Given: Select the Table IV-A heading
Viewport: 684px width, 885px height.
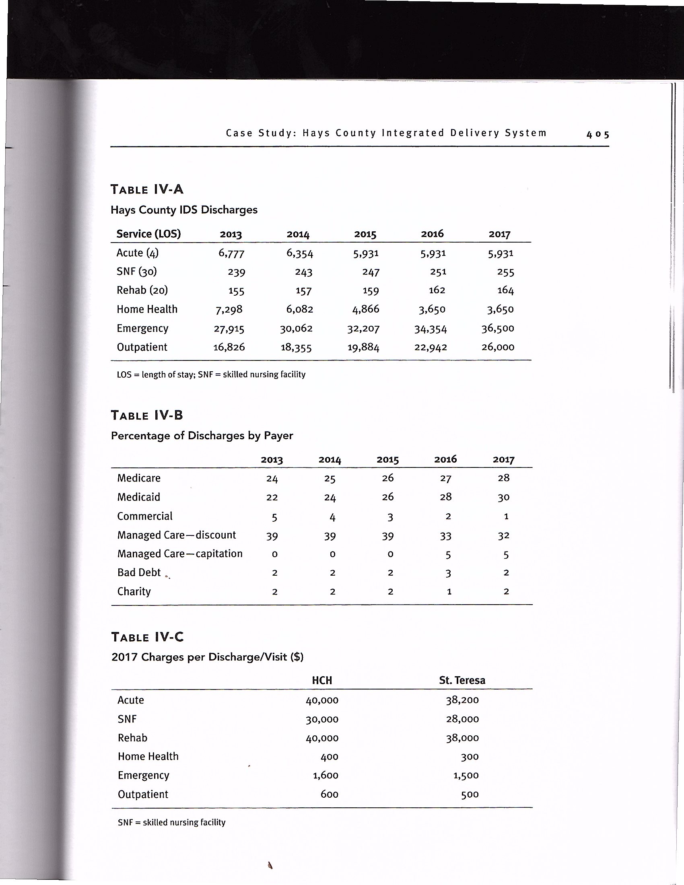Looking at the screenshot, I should coord(147,189).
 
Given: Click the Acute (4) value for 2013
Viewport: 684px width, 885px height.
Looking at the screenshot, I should coord(231,253).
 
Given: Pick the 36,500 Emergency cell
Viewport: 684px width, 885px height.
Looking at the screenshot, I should coord(498,328).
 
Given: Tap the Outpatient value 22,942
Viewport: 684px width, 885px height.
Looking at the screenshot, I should coord(431,347).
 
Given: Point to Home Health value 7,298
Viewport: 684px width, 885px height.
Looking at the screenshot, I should coord(229,310).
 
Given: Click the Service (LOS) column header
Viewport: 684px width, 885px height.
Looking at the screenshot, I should coord(148,234).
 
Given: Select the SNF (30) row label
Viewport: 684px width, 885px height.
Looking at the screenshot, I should coord(136,271).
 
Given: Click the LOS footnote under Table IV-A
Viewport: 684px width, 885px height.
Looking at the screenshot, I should coord(211,375).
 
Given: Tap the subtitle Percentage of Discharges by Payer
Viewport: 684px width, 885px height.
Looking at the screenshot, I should coord(202,436).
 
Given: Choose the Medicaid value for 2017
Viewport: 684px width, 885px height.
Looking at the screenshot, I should coord(503,497).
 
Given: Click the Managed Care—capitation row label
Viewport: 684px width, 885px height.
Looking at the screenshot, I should coord(179,554).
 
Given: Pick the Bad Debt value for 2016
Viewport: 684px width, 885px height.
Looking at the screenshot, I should coord(448,573).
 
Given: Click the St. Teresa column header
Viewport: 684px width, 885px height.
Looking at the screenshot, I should coord(462,680).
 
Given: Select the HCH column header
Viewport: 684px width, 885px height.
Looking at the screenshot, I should coord(322,680).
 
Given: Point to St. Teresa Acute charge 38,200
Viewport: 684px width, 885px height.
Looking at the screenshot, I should coord(462,700).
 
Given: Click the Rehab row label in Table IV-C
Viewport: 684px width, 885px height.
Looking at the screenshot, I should coord(132,737).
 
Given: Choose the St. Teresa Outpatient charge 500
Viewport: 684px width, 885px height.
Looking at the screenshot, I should coord(470,794).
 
